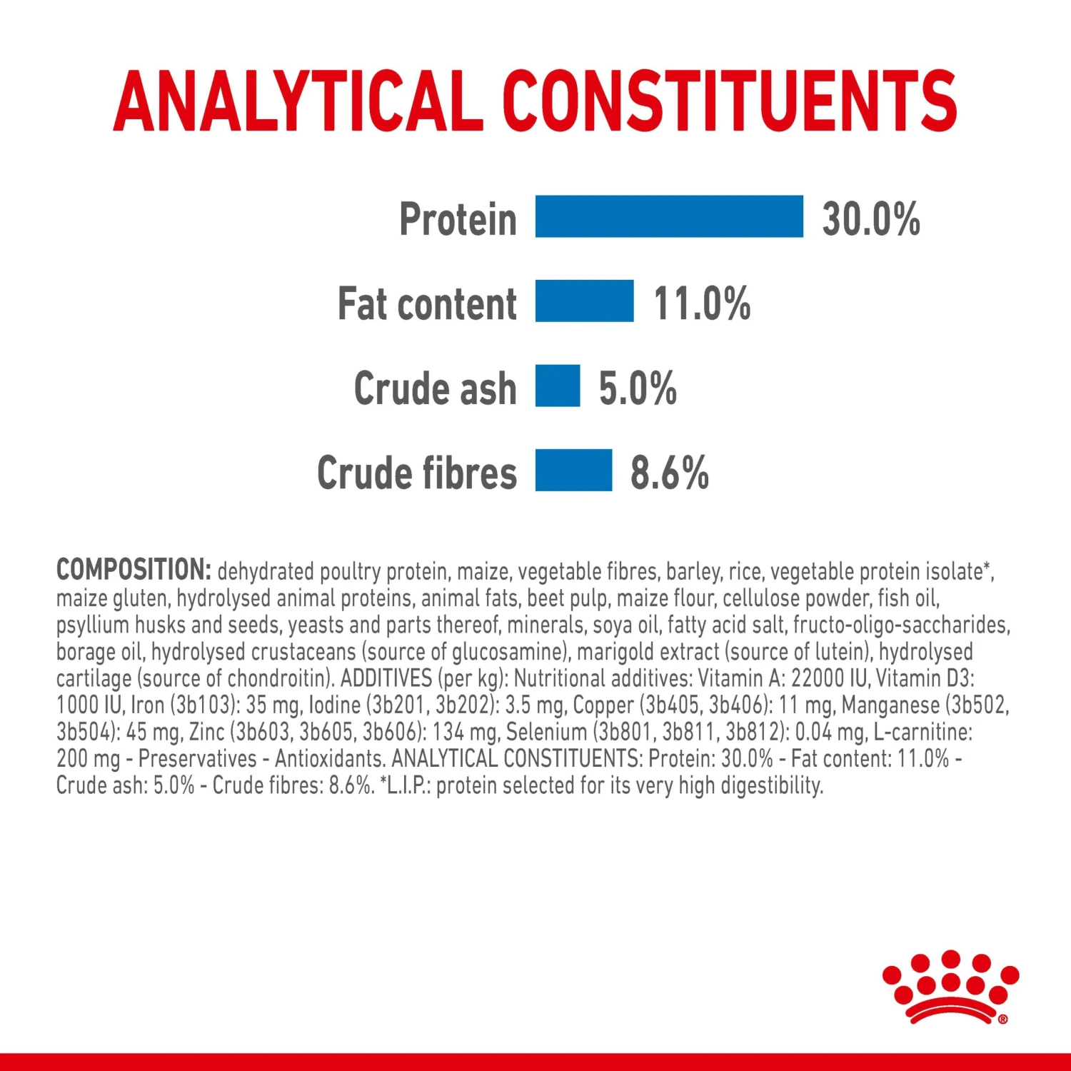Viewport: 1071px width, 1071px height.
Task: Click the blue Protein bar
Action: (669, 216)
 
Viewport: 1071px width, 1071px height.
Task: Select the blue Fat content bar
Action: (585, 301)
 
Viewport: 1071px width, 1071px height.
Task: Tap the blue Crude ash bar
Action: (558, 386)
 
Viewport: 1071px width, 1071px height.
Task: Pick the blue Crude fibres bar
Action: (574, 470)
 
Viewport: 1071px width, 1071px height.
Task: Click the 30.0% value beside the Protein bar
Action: (871, 218)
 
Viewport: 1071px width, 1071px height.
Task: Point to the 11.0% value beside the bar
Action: (702, 303)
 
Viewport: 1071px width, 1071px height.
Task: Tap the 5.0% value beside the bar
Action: (638, 388)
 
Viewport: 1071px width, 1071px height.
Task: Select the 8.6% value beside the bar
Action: (670, 473)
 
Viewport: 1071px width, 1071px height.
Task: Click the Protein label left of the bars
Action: (458, 218)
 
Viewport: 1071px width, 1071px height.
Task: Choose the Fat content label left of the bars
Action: (427, 303)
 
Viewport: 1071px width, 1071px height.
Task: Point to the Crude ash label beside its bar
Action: (435, 388)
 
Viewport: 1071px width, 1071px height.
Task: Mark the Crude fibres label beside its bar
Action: (417, 473)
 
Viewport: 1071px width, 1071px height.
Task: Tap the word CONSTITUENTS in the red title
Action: (730, 101)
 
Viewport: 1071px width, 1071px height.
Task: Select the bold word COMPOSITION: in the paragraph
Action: (134, 570)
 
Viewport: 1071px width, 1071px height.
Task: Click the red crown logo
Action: (950, 987)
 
